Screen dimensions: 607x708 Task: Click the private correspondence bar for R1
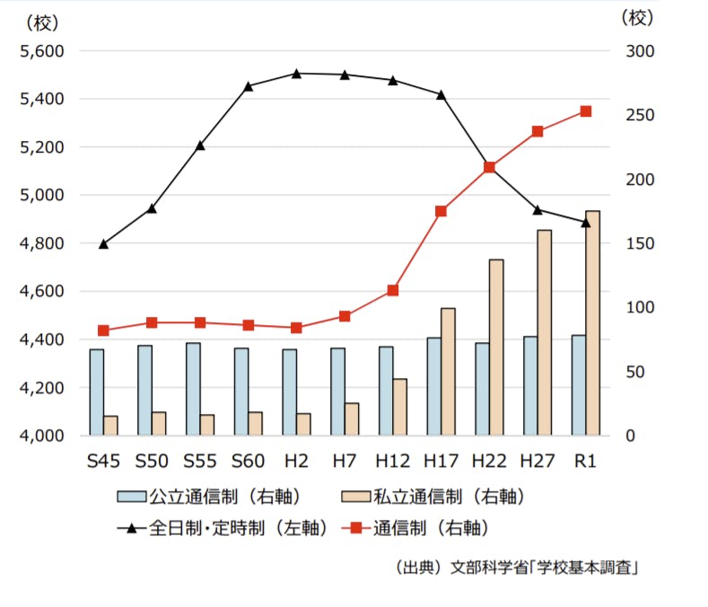tap(592, 323)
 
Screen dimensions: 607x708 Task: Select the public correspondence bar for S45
tap(96, 392)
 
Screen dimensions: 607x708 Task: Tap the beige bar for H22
tap(495, 347)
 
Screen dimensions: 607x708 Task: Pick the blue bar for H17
tap(433, 386)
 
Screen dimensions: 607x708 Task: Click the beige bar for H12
tap(399, 407)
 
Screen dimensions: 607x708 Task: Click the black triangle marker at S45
tap(104, 243)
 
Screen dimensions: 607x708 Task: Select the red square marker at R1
tap(586, 111)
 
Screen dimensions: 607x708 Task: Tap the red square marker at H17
tap(441, 211)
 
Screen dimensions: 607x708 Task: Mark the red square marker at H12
tap(392, 291)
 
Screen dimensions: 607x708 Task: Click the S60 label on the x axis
tap(249, 462)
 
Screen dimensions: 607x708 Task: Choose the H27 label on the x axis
tap(538, 462)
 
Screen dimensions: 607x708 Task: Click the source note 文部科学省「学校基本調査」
tap(544, 568)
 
